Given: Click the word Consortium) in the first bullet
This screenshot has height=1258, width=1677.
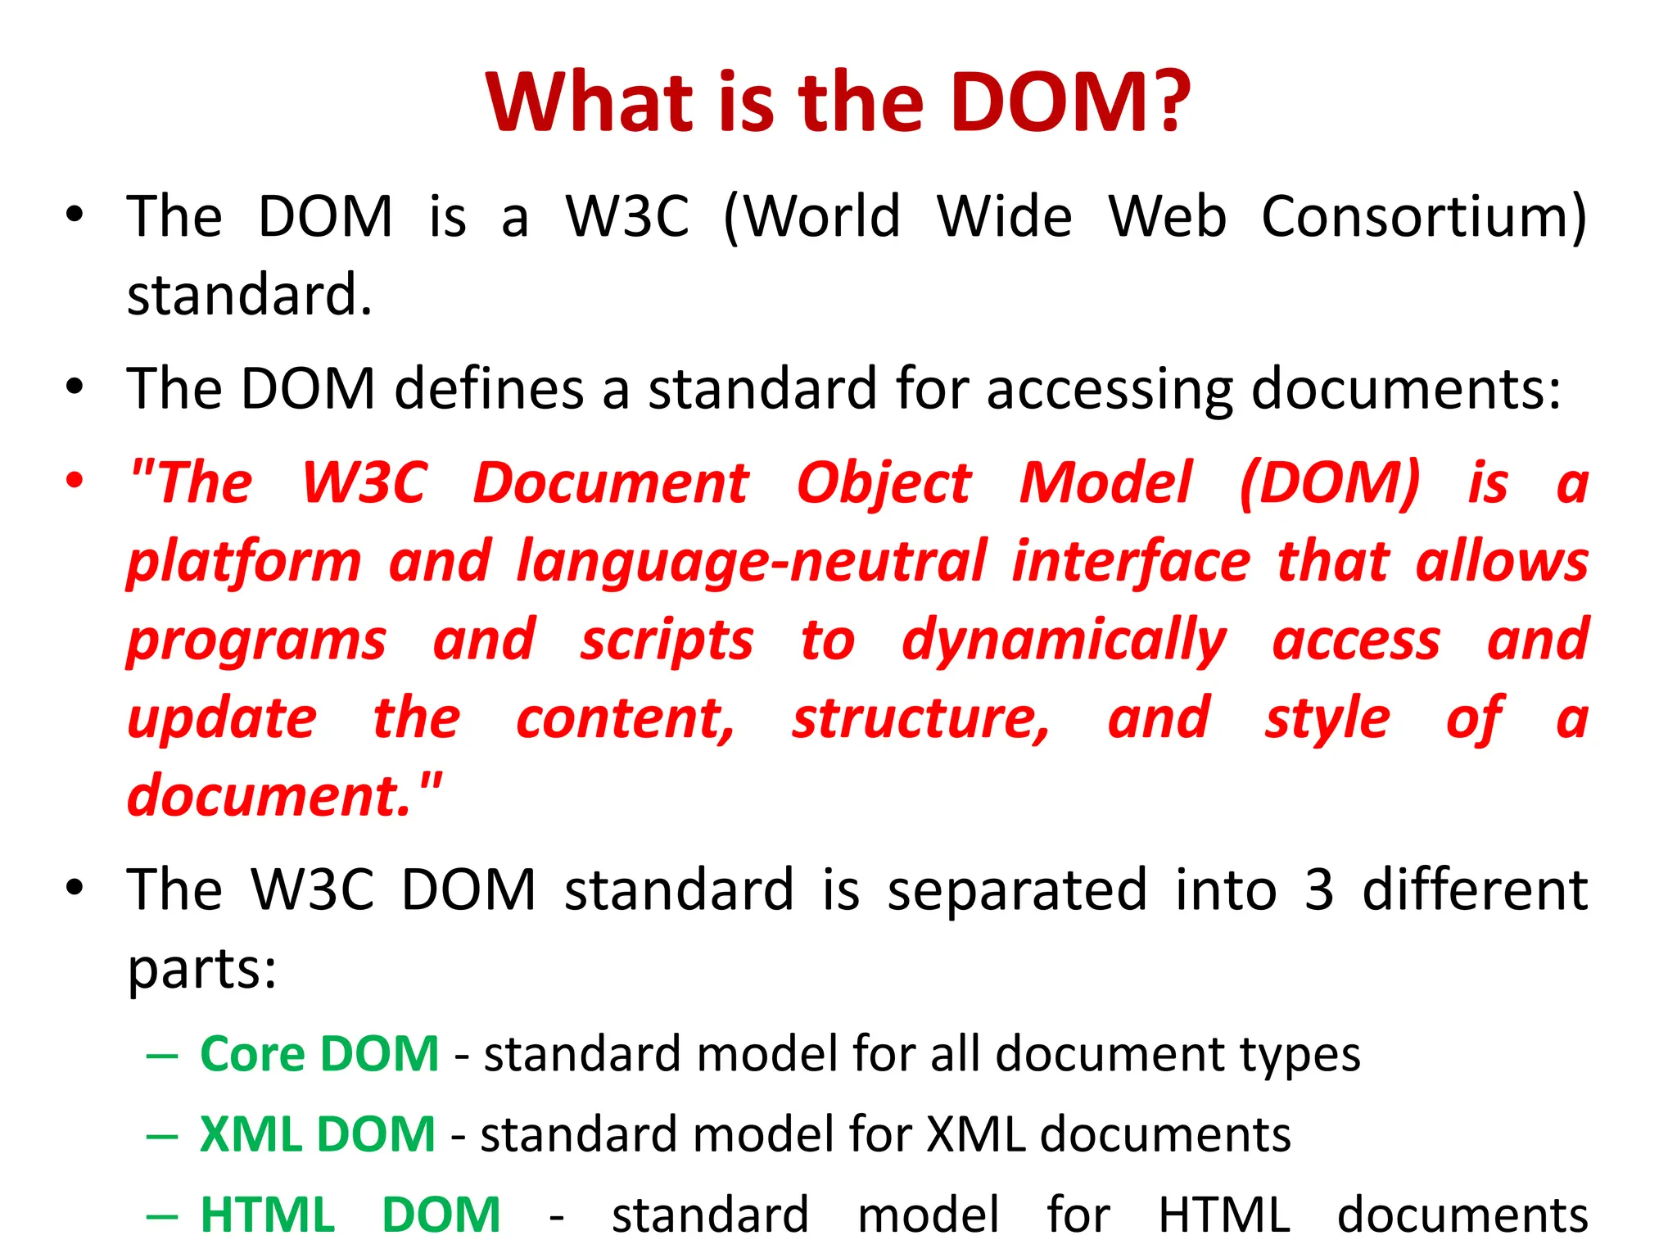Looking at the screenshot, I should coord(1423,217).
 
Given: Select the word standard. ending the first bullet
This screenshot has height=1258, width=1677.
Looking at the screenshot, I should coord(250,295).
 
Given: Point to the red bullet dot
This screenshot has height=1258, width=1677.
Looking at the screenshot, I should coord(75,480).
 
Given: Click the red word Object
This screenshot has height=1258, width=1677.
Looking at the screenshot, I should coord(884,483).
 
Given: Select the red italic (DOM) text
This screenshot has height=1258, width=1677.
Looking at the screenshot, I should coord(1330,483).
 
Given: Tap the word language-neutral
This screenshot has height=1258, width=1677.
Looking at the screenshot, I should coord(752,563).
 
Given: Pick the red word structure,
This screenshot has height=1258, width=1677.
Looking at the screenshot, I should coord(920,719).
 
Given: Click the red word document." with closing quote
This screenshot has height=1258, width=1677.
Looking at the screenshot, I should coord(284,796).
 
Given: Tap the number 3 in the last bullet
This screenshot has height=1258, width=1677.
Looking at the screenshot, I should coord(1318,890).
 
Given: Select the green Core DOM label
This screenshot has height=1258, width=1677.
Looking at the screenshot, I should coord(319,1054).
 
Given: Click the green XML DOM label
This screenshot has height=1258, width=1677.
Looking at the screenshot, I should coord(317,1135).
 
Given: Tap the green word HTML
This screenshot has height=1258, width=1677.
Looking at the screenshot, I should coord(268,1215).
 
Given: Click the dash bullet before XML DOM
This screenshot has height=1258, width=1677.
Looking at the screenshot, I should coord(161,1137).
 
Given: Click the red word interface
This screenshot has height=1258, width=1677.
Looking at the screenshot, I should coord(1131,563).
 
